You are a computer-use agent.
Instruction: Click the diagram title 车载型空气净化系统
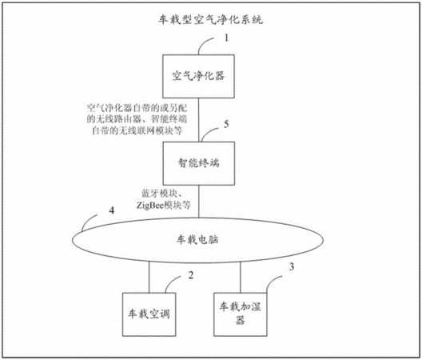click(210, 20)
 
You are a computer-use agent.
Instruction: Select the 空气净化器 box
click(198, 76)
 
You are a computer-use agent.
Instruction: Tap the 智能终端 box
click(199, 163)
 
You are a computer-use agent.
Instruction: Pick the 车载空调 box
click(149, 314)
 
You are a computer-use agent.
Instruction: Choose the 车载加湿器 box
click(241, 314)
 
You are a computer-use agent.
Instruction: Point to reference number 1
click(226, 38)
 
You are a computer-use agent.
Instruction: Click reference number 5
click(226, 124)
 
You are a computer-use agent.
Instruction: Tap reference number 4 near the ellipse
click(111, 210)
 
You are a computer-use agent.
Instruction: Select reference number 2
click(190, 275)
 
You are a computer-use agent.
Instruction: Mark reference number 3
click(292, 266)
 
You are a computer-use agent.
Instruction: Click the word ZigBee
click(150, 206)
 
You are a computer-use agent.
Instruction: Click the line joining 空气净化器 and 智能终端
click(199, 120)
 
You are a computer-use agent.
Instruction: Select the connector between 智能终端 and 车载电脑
click(199, 202)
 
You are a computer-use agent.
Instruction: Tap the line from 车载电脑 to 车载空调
click(149, 277)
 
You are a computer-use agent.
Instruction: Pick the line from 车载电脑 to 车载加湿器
click(241, 278)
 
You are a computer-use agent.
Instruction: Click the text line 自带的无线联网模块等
click(137, 130)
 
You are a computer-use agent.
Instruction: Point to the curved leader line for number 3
click(273, 282)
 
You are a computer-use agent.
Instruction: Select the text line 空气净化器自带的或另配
click(137, 108)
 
